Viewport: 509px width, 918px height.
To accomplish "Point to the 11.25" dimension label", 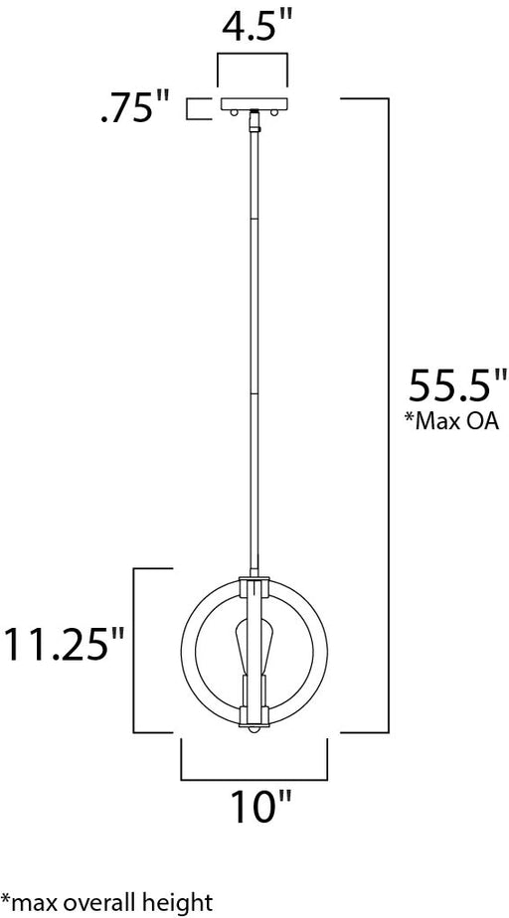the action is [x=65, y=644].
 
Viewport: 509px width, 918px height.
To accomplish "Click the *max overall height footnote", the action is [x=106, y=902].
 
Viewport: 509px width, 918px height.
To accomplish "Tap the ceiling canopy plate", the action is [x=254, y=103].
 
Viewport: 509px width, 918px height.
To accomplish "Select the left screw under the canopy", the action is [x=233, y=112].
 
